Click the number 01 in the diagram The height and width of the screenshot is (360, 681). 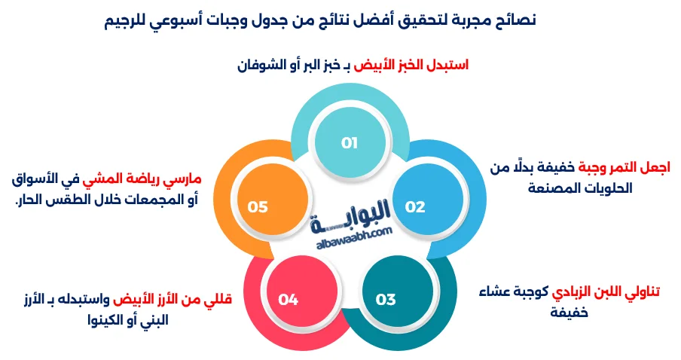coord(349,143)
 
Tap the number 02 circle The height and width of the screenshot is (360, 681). coord(415,207)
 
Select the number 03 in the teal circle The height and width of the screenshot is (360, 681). coord(386,299)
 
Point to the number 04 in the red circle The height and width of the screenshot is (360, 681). coord(289,299)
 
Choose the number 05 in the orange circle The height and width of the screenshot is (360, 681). coord(258,207)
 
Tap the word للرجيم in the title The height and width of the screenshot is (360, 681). coord(133,19)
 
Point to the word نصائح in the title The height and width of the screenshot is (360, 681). coord(515,19)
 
